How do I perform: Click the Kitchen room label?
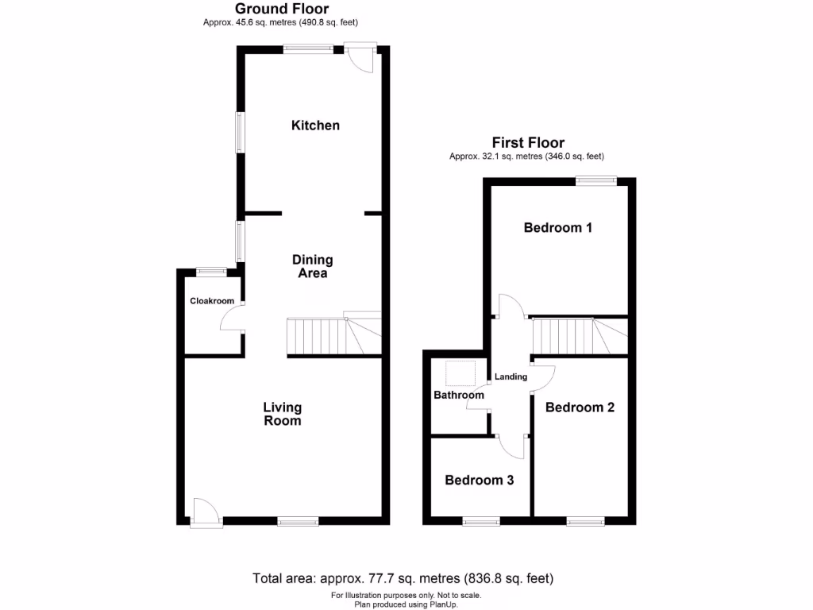coord(315,125)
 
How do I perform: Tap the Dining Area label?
coord(312,266)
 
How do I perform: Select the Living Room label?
coord(283,414)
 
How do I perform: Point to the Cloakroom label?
coord(212,301)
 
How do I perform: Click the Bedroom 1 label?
coord(558,228)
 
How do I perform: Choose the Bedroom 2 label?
coord(580,407)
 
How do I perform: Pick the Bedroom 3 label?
coord(479,481)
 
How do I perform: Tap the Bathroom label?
coord(458,395)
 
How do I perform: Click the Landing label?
coord(511,376)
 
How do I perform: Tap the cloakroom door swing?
coord(232,319)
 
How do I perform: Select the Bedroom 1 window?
coord(595,180)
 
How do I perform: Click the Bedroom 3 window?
coord(481,522)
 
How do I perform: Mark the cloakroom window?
coord(211,272)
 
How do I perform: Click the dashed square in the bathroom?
coord(460,373)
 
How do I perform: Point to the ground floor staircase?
coord(333,336)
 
